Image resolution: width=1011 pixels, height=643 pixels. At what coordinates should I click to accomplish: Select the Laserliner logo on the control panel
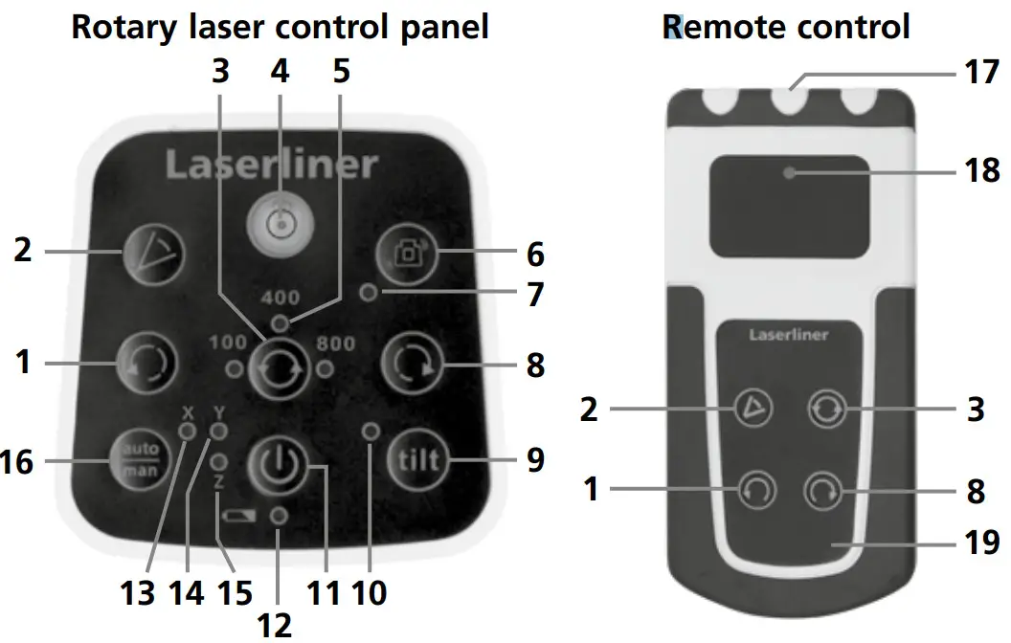(271, 164)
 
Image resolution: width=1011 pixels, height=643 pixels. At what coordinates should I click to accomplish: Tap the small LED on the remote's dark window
(789, 173)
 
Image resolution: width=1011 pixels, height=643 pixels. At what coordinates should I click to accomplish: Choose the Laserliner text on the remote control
(788, 336)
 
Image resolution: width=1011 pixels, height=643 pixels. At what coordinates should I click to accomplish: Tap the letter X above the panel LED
(188, 413)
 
